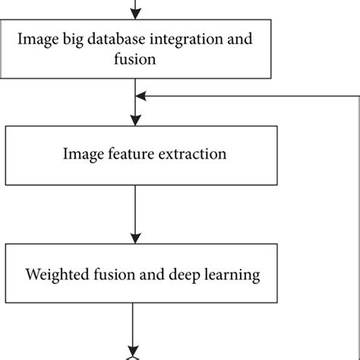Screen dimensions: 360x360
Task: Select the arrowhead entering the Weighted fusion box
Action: [135, 237]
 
